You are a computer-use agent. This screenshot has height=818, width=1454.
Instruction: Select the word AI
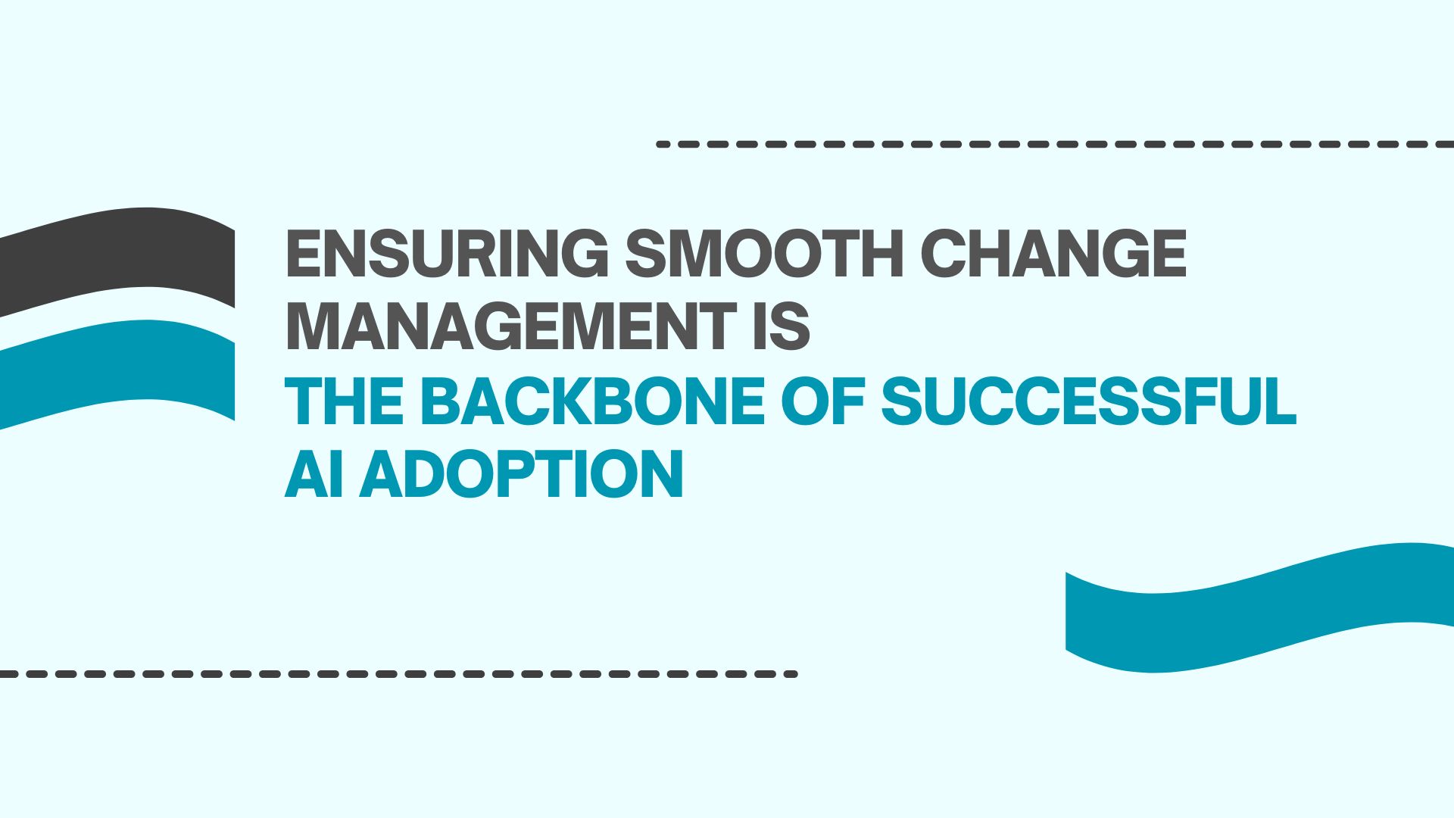[315, 474]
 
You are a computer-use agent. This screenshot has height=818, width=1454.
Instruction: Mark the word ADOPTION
[522, 474]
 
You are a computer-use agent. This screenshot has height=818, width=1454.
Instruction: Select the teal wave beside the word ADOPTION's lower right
[1259, 607]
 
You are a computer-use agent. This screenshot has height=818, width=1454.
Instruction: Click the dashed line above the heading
[1055, 144]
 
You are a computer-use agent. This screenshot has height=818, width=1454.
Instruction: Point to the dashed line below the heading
[399, 673]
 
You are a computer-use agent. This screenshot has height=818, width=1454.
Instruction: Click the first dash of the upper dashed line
[663, 144]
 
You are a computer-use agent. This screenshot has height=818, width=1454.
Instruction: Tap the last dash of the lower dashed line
[791, 673]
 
